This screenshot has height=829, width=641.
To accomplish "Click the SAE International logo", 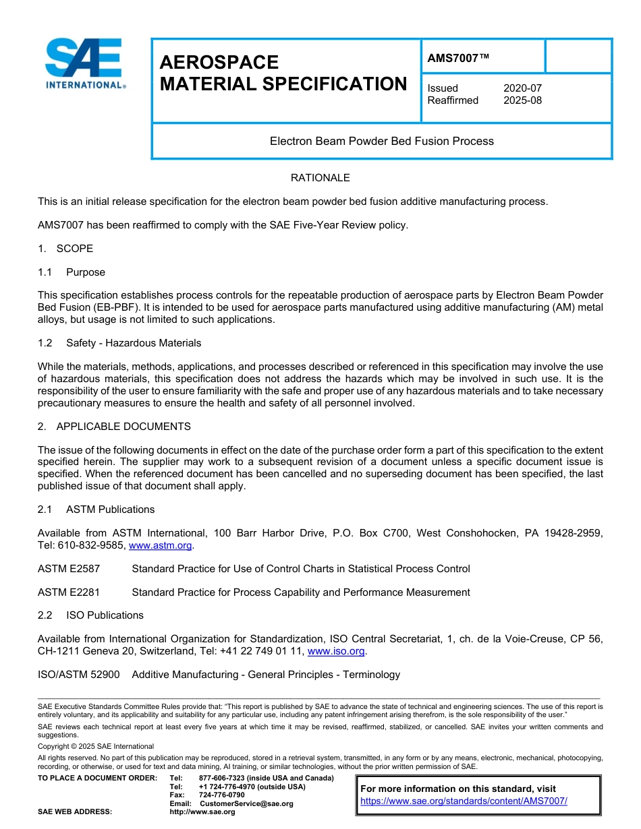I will pyautogui.click(x=84, y=63).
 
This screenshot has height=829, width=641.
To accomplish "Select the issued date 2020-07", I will pyautogui.click(x=522, y=88).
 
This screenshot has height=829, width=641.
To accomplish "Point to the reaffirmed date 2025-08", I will pyautogui.click(x=522, y=100).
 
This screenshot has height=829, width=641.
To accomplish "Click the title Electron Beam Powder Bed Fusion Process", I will pyautogui.click(x=381, y=142).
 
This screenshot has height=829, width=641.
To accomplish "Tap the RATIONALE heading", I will pyautogui.click(x=320, y=178).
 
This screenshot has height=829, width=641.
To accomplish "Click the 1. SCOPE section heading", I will pyautogui.click(x=65, y=249).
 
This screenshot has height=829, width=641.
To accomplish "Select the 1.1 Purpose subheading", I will pyautogui.click(x=72, y=272).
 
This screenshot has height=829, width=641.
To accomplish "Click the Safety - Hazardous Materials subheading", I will pyautogui.click(x=134, y=343).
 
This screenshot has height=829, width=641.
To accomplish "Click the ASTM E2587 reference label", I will pyautogui.click(x=69, y=569).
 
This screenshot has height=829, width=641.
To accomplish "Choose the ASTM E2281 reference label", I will pyautogui.click(x=69, y=592).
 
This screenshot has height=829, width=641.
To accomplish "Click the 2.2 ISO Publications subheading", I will pyautogui.click(x=90, y=615).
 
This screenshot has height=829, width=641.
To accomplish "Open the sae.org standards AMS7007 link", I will pyautogui.click(x=464, y=801).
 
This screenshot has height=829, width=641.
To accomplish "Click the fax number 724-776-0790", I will pyautogui.click(x=221, y=795).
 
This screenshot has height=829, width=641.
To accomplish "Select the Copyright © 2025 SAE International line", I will pyautogui.click(x=96, y=746).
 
